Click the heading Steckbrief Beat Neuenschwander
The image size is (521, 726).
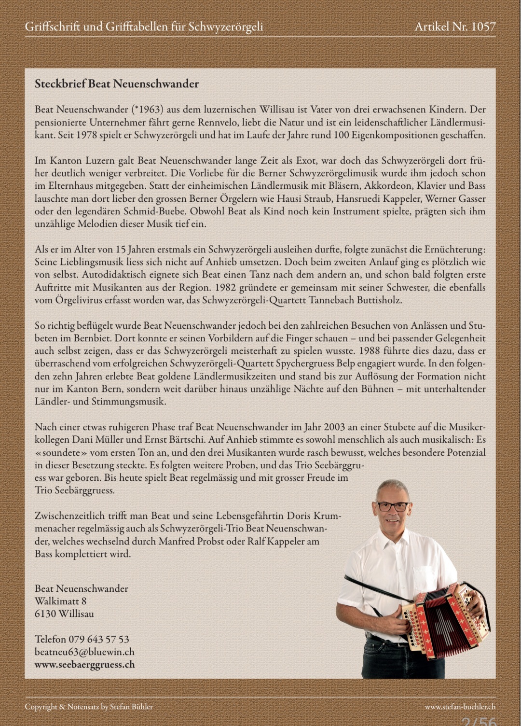(116, 84)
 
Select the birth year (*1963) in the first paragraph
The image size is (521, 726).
(149, 110)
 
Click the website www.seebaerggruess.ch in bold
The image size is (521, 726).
(84, 664)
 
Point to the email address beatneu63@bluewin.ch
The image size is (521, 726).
(84, 652)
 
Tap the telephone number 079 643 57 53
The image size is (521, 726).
(98, 639)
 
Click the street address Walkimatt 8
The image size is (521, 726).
(60, 601)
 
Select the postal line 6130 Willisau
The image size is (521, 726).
(64, 614)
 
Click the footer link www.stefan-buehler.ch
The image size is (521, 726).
(460, 707)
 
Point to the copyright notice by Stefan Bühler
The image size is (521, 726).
(89, 707)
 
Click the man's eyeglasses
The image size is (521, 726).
(391, 507)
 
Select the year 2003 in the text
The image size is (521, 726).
(334, 427)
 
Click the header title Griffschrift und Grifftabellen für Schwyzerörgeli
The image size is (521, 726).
(144, 27)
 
